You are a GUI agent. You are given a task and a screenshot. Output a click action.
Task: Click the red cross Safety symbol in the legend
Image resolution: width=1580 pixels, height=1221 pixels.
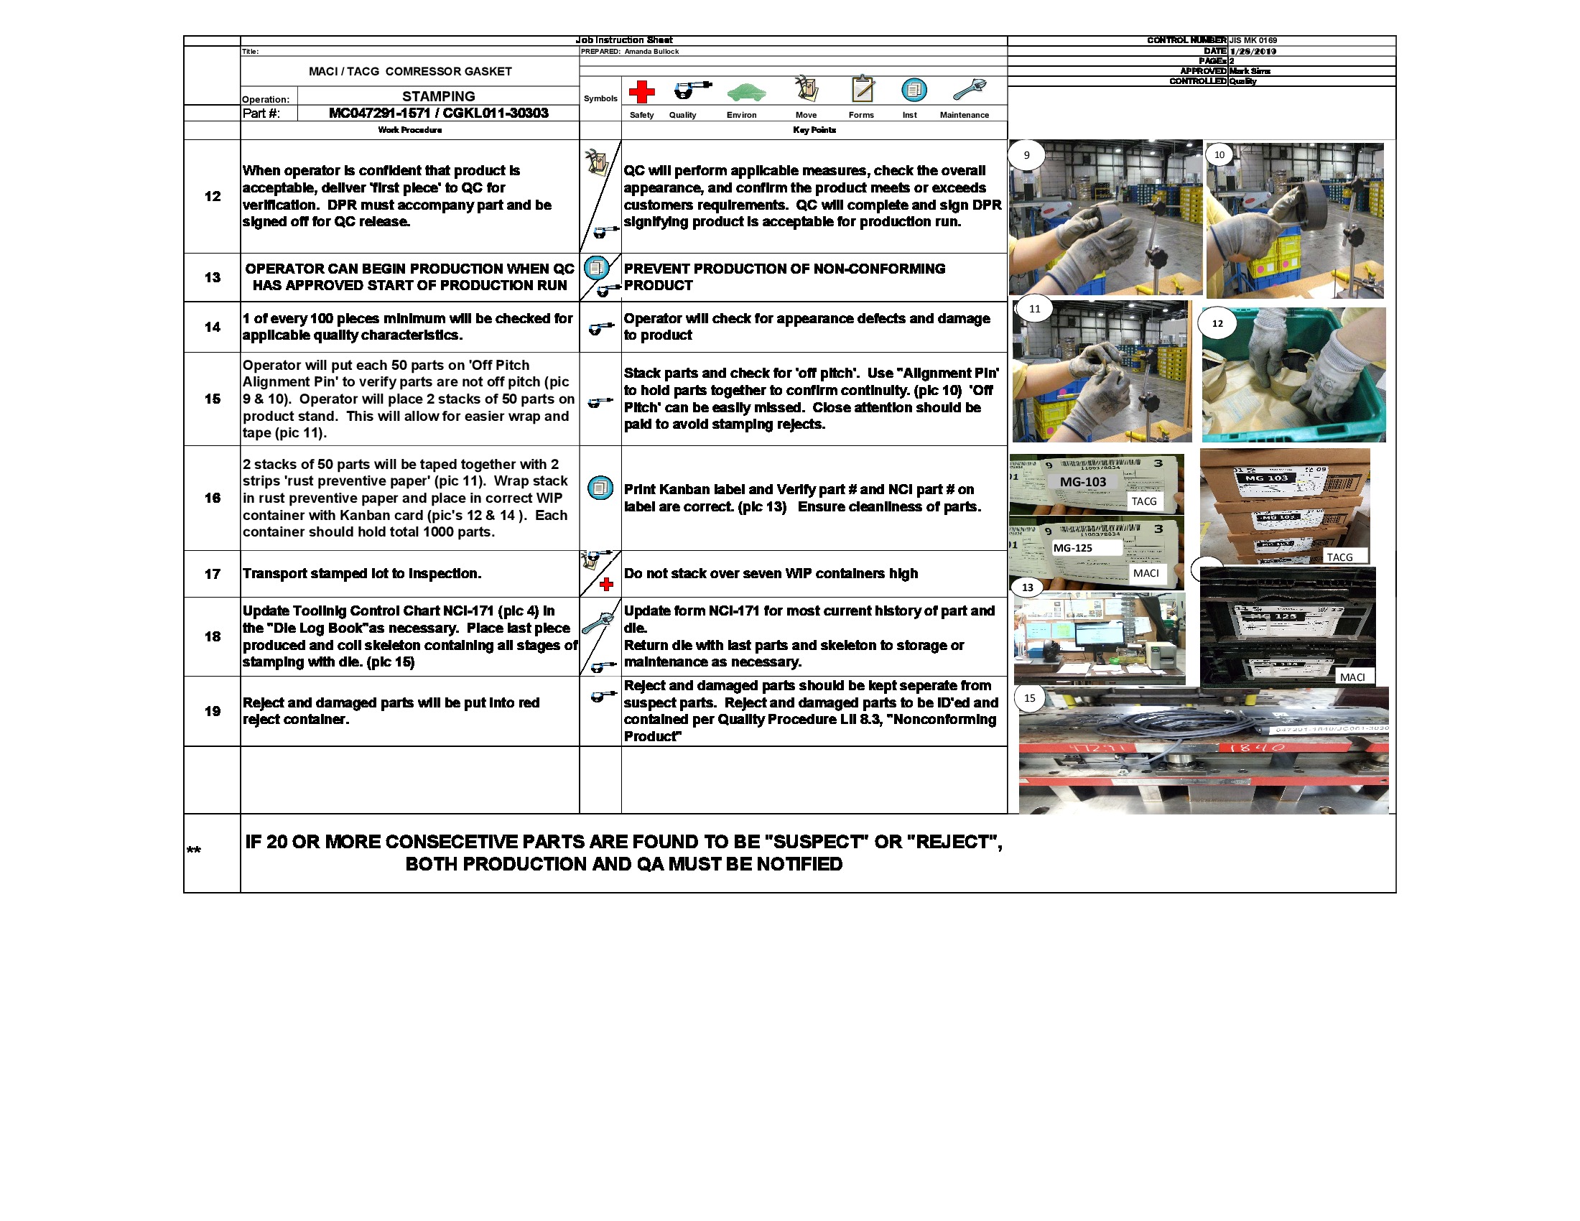[x=641, y=92]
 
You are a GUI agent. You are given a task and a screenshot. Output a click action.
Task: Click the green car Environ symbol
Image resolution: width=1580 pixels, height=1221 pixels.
[x=746, y=92]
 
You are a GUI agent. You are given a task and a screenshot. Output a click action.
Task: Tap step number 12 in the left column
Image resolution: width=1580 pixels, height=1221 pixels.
[x=212, y=196]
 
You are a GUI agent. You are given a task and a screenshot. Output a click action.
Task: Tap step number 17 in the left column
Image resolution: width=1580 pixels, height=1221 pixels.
[x=212, y=574]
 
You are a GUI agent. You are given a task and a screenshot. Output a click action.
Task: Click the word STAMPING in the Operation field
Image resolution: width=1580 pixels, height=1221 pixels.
[x=438, y=96]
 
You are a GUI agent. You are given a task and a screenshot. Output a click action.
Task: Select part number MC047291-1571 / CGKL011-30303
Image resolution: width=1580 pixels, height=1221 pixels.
[x=438, y=113]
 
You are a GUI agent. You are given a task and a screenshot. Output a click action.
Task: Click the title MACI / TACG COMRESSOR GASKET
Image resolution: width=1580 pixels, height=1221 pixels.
[x=410, y=71]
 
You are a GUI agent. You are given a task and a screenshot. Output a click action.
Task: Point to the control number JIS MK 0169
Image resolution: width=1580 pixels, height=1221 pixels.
[x=1253, y=40]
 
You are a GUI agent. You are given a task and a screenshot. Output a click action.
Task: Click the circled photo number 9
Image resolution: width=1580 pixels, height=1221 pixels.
[x=1026, y=155]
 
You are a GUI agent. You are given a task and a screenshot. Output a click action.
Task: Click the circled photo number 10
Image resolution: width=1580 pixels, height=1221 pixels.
[x=1219, y=155]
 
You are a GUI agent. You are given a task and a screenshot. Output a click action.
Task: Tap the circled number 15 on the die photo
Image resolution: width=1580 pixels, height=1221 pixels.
[x=1029, y=698]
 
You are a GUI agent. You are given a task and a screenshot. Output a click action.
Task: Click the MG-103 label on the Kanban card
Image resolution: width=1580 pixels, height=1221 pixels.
[x=1082, y=482]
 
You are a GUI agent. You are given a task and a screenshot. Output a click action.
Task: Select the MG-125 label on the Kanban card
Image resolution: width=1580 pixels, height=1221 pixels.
[x=1073, y=547]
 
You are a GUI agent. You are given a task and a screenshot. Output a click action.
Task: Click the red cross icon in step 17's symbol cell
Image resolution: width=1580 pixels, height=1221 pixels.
[x=606, y=585]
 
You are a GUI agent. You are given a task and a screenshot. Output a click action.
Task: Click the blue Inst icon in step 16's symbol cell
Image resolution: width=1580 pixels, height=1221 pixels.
[x=600, y=488]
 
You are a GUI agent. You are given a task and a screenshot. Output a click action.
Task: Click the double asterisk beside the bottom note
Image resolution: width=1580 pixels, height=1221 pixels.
[x=194, y=850]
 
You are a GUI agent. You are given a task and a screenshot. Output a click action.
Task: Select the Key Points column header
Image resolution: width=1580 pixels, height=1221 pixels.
[x=814, y=130]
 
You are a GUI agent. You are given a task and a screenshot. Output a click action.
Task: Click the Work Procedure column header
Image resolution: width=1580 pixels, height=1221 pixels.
[x=409, y=130]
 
